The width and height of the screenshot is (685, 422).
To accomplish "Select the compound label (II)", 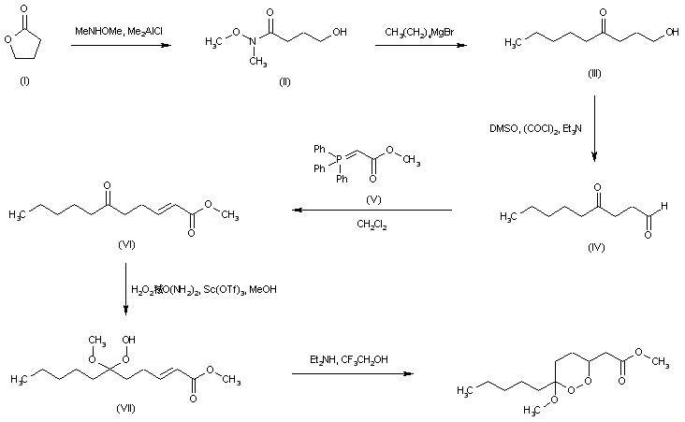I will [x=284, y=82].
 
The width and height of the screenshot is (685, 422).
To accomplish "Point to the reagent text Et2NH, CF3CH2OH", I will [x=349, y=358].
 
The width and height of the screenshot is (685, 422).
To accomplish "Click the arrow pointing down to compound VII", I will [x=127, y=288].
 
